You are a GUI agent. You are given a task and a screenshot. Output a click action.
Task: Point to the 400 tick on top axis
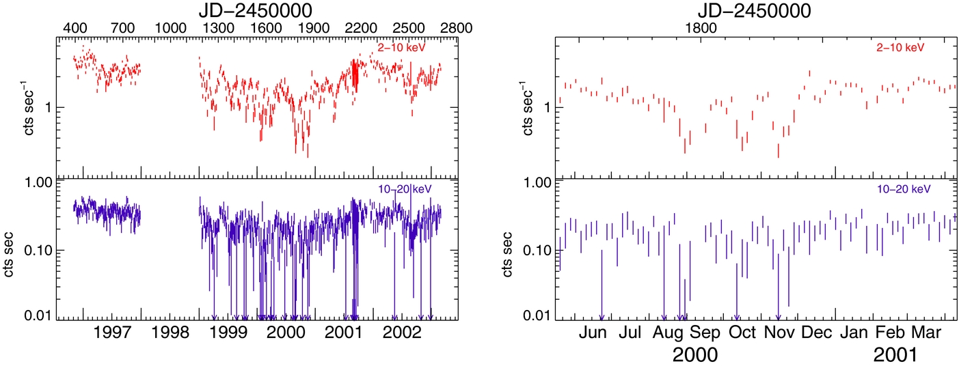(x=75, y=28)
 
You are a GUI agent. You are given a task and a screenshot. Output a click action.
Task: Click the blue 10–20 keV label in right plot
(x=904, y=188)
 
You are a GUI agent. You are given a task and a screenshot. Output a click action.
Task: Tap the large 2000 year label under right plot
(x=695, y=355)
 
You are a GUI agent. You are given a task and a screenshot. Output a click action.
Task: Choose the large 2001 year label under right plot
(x=895, y=355)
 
